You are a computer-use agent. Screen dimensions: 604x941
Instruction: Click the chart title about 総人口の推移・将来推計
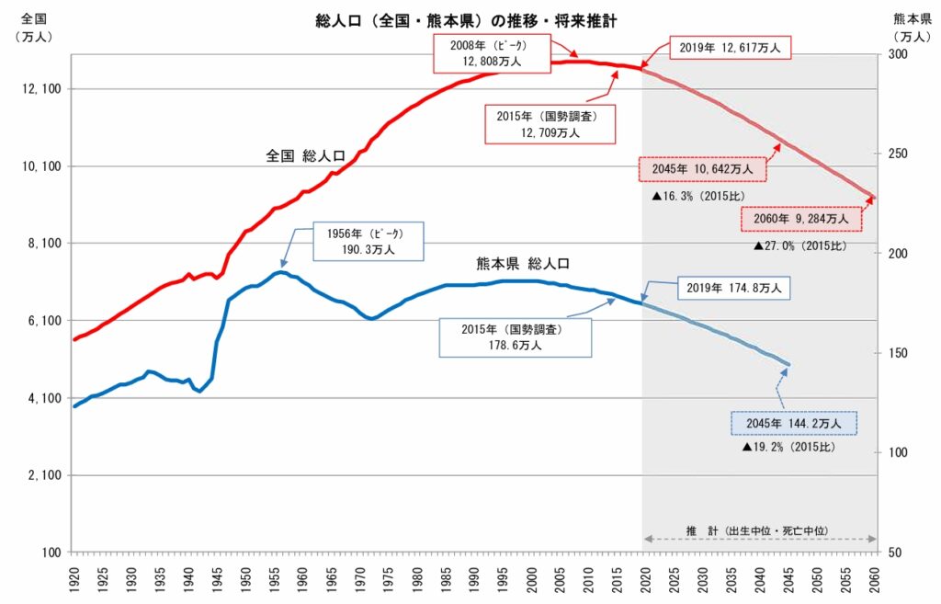468,19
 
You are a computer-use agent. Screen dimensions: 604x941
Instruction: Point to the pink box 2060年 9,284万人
800,220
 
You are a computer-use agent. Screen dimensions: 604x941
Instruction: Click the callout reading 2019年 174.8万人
733,289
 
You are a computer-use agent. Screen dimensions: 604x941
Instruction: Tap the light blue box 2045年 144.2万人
794,423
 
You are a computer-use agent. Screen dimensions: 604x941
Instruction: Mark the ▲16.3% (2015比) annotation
697,197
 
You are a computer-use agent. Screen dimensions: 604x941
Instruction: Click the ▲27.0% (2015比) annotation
800,246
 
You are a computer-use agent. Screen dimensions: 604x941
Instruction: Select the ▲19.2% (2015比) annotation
789,447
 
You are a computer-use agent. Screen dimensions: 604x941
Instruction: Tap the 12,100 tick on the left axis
40,89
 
